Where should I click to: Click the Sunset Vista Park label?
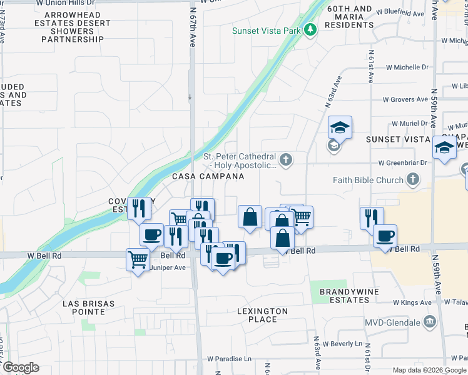(266, 31)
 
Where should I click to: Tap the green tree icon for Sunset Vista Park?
(309, 30)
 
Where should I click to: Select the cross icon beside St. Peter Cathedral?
(286, 160)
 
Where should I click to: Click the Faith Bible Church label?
(369, 180)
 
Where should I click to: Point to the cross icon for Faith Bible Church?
(412, 180)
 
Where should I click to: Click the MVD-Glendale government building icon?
(430, 322)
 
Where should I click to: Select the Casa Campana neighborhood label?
(208, 177)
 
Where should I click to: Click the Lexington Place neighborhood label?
(262, 315)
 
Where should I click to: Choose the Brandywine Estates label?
(345, 296)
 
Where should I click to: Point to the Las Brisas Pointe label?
(88, 307)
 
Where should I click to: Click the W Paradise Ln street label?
(230, 359)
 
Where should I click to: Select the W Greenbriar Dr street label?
(402, 162)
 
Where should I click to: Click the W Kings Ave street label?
(412, 302)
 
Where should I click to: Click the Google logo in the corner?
(20, 367)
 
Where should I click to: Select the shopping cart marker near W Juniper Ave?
(138, 258)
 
